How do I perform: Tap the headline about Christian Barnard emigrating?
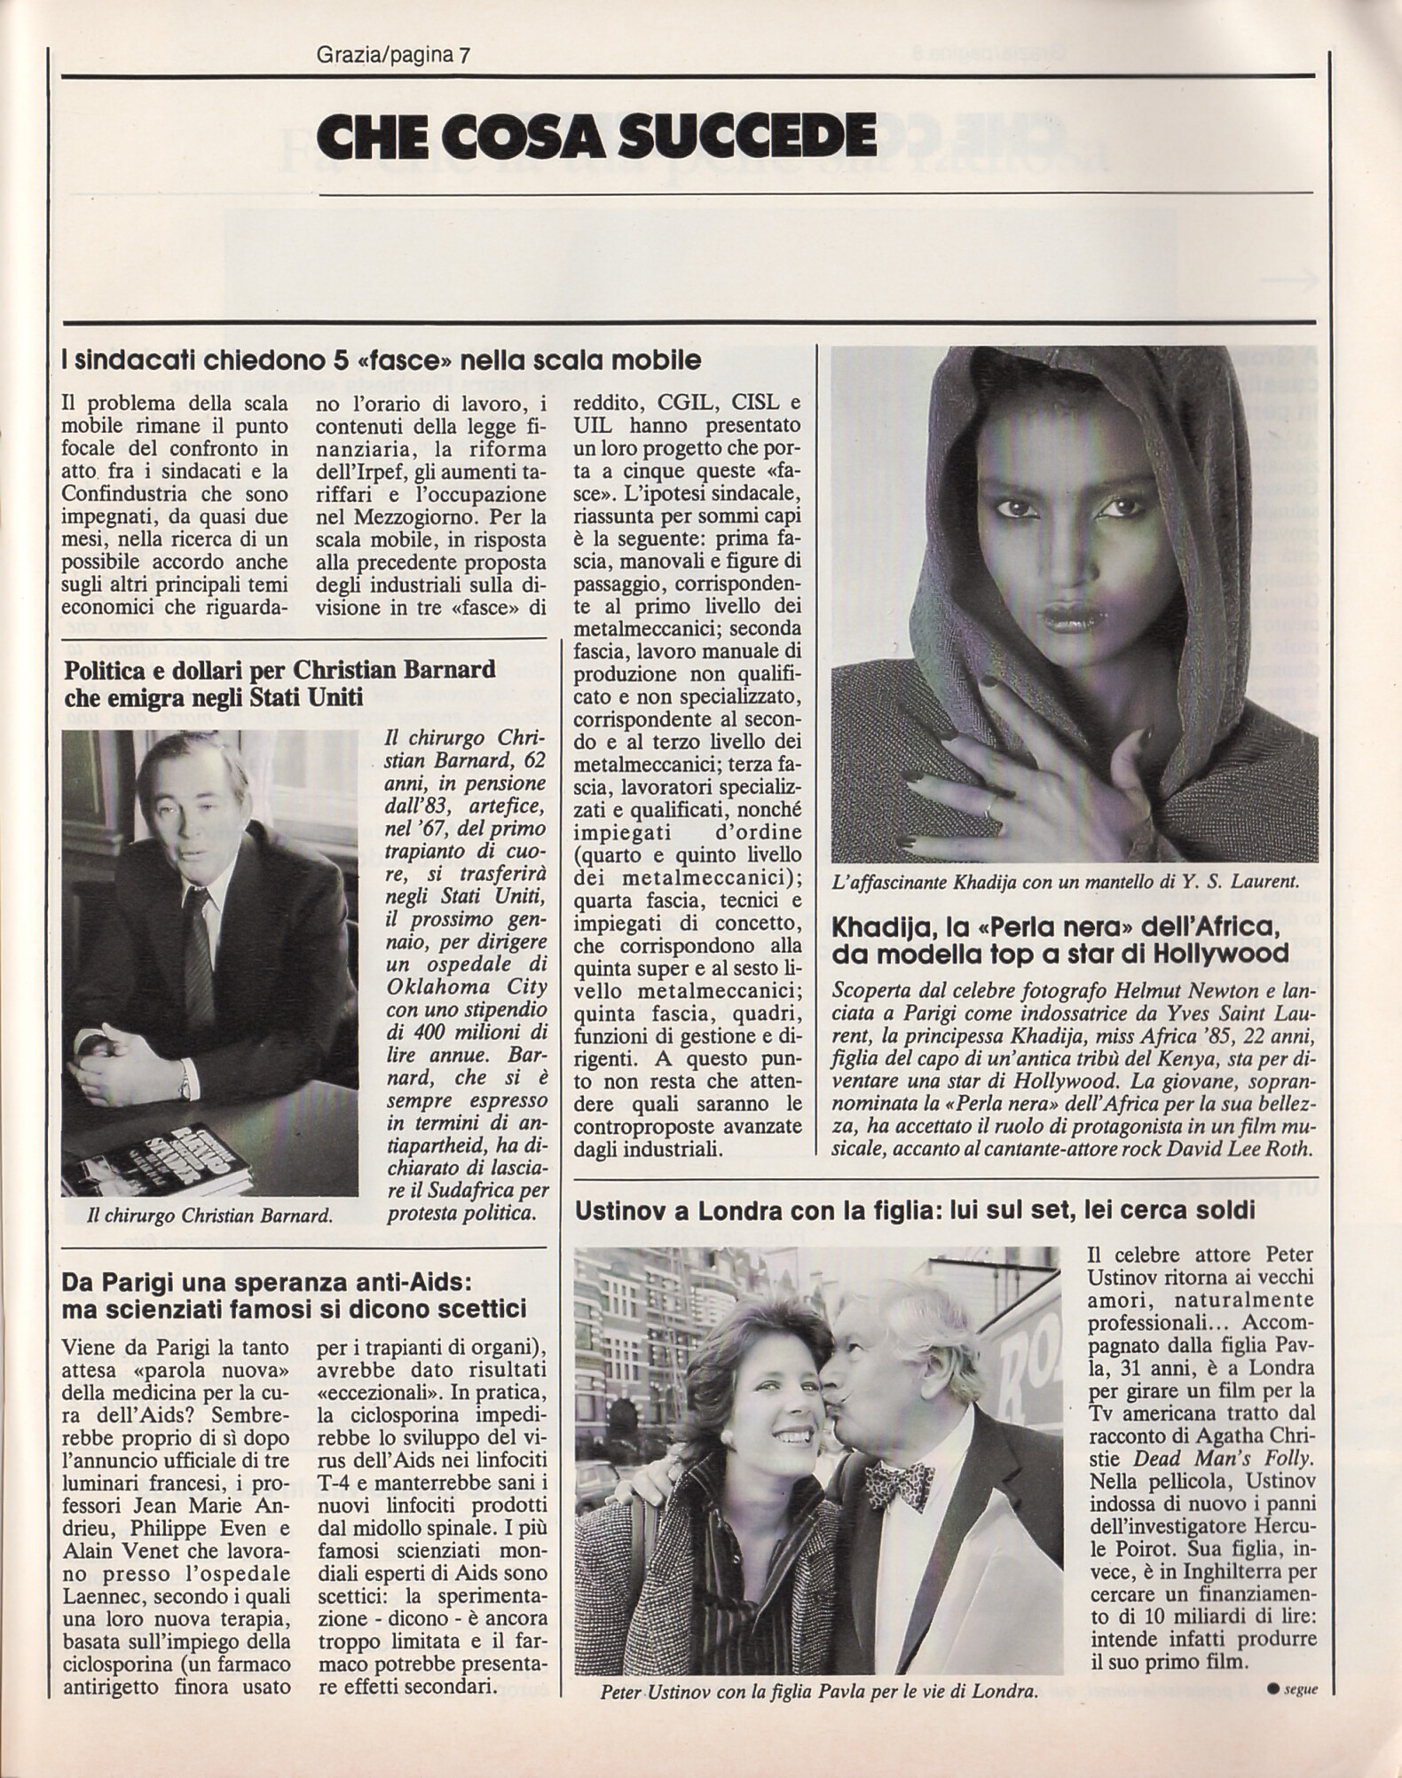click(279, 684)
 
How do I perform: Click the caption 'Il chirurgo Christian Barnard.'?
click(210, 1216)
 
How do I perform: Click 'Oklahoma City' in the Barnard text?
click(440, 987)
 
